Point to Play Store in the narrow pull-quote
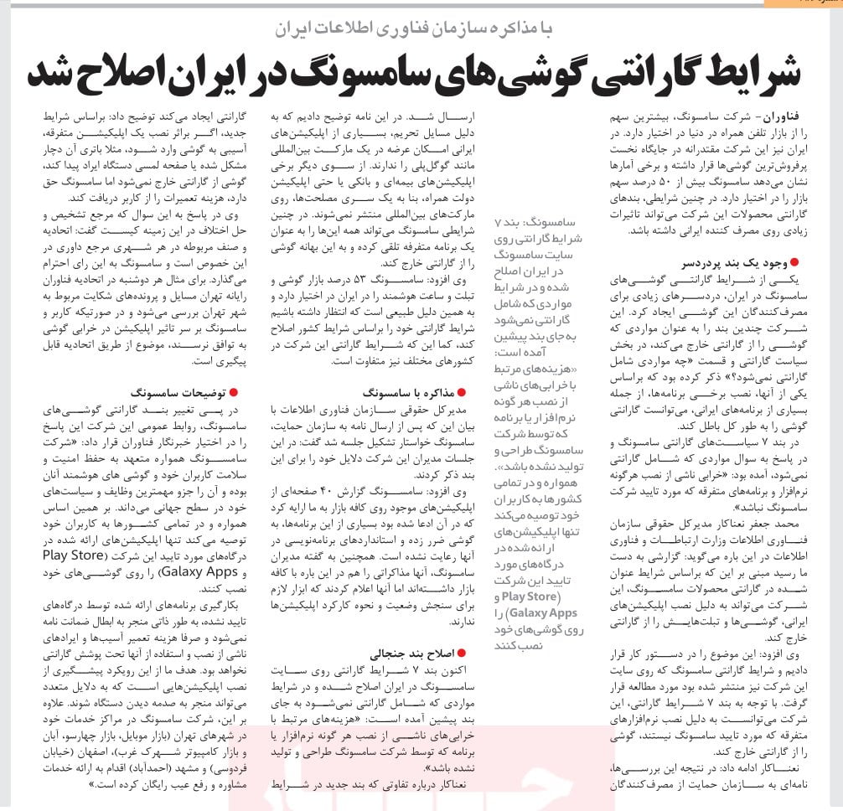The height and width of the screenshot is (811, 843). (x=530, y=596)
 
